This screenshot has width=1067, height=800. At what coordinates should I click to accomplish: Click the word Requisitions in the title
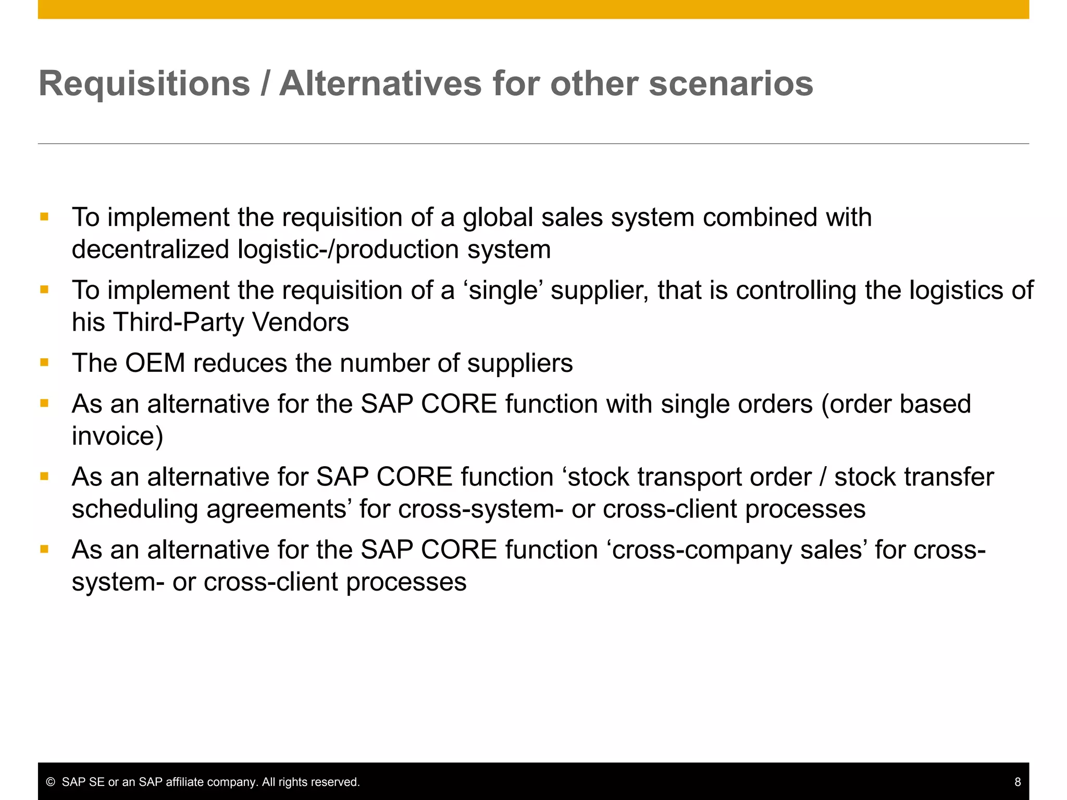pos(144,84)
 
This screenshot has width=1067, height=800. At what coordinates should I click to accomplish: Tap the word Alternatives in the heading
pos(380,83)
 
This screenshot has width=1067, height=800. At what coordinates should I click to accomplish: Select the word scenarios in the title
pos(730,83)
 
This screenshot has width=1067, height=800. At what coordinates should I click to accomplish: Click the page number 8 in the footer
pos(1017,782)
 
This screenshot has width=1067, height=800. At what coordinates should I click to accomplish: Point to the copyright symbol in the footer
pos(51,782)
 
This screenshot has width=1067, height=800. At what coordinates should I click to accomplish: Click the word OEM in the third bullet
pos(155,363)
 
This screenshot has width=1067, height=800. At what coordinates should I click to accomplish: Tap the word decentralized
pos(150,249)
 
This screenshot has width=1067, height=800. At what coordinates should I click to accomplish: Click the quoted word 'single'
pos(502,291)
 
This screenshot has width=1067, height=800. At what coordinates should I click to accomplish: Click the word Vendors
pos(301,322)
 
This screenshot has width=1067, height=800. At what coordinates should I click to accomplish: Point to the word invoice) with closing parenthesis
pos(117,436)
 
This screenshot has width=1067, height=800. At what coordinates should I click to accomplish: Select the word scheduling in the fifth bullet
pos(134,509)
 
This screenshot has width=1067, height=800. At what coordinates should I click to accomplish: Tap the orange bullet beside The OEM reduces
pos(44,362)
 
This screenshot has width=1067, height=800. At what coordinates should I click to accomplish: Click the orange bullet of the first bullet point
pos(44,217)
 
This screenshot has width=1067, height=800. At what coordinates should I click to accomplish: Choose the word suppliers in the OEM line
pos(519,363)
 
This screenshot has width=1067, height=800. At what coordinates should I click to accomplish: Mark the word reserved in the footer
pos(338,782)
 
